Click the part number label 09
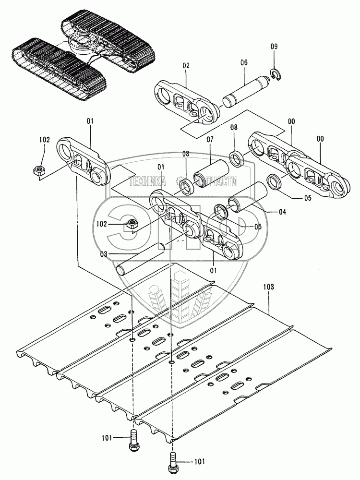click(274, 47)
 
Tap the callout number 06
click(243, 62)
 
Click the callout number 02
click(186, 65)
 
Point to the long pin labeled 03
click(142, 259)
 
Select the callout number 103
click(269, 287)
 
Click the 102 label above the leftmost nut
click(44, 140)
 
